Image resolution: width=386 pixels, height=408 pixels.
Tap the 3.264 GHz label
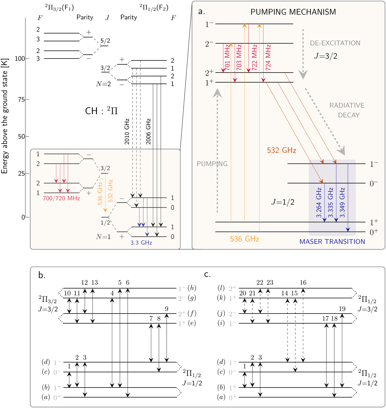tap(319, 202)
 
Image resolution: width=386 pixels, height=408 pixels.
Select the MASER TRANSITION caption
tap(332, 242)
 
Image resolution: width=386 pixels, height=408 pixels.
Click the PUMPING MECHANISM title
tap(293, 12)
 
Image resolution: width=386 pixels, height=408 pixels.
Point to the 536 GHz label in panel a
tap(244, 239)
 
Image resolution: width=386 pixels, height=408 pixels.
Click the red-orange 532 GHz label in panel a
tap(282, 150)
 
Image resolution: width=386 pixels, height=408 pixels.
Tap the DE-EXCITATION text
tap(335, 43)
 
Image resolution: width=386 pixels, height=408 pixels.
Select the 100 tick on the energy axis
tap(20, 59)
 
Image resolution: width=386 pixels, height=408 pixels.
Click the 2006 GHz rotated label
tap(148, 131)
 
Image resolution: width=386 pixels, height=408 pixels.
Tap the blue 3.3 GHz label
tap(141, 243)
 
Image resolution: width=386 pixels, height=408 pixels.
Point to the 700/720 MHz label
tap(61, 199)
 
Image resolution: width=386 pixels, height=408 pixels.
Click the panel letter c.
tap(207, 274)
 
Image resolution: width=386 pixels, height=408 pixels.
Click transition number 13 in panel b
tap(94, 283)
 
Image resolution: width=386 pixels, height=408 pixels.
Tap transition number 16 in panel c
tap(303, 283)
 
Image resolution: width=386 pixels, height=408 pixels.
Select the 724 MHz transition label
tap(269, 58)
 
